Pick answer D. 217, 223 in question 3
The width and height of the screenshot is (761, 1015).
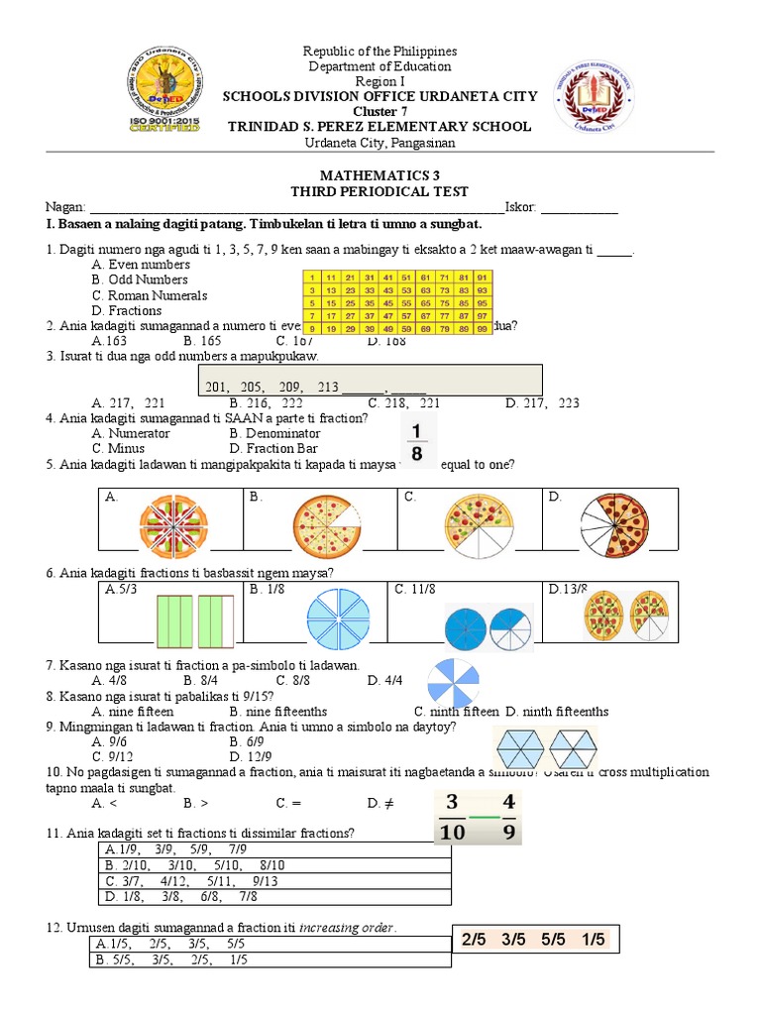click(542, 403)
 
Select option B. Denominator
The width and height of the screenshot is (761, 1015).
click(274, 433)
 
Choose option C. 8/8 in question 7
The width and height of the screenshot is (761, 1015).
click(294, 680)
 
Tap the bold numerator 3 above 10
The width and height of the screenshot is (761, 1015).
click(452, 801)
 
